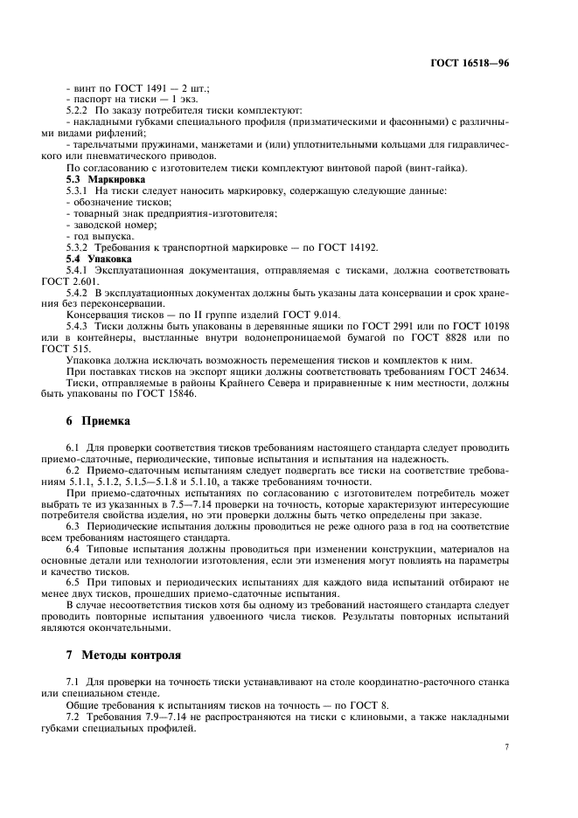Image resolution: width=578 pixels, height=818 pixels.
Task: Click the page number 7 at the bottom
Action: coord(506,747)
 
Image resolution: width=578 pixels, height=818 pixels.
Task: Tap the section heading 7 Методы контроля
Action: coord(124,653)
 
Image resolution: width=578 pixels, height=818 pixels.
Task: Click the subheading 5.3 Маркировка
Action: coord(100,177)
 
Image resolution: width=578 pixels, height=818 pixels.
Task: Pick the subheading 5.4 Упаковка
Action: coord(95,259)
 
